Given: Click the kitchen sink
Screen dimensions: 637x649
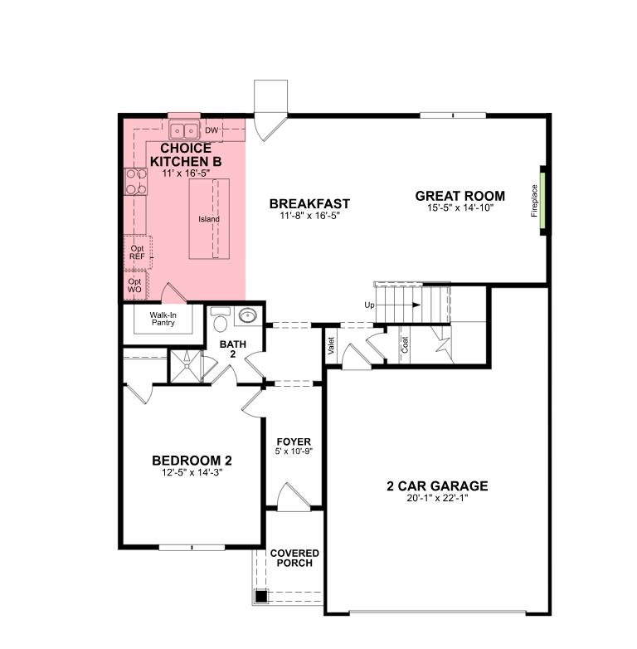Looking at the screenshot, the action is tap(184, 130).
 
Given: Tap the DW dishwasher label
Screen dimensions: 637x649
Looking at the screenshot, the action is tap(212, 130).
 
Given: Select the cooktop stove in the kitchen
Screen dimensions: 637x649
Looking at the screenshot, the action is tap(136, 181).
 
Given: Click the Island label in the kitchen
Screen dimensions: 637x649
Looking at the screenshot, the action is tap(209, 219).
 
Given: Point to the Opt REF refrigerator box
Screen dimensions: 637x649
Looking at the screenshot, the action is tap(138, 252).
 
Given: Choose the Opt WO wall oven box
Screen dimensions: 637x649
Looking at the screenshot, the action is tap(135, 285).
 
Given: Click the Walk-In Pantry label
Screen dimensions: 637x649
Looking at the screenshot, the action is tap(163, 319).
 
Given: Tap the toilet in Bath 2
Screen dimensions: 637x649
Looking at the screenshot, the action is tap(220, 320).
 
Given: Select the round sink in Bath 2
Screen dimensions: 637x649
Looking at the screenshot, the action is tap(247, 317).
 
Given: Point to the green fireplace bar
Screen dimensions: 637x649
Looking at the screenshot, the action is tap(542, 200).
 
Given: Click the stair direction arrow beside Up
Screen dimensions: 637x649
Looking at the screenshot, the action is tap(398, 305).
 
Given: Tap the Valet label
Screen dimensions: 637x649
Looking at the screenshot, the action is tap(331, 345).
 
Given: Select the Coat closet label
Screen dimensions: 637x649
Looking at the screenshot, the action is tap(405, 344).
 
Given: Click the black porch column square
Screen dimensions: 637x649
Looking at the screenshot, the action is tap(261, 597).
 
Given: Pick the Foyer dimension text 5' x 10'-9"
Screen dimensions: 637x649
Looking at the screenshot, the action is tap(294, 451).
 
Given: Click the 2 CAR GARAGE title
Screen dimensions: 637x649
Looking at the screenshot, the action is tap(437, 486).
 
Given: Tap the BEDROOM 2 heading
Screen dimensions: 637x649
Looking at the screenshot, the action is tap(192, 461).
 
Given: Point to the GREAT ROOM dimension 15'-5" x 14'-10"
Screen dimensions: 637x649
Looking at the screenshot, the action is tap(460, 207).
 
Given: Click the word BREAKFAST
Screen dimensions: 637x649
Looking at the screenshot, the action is tap(309, 203).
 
